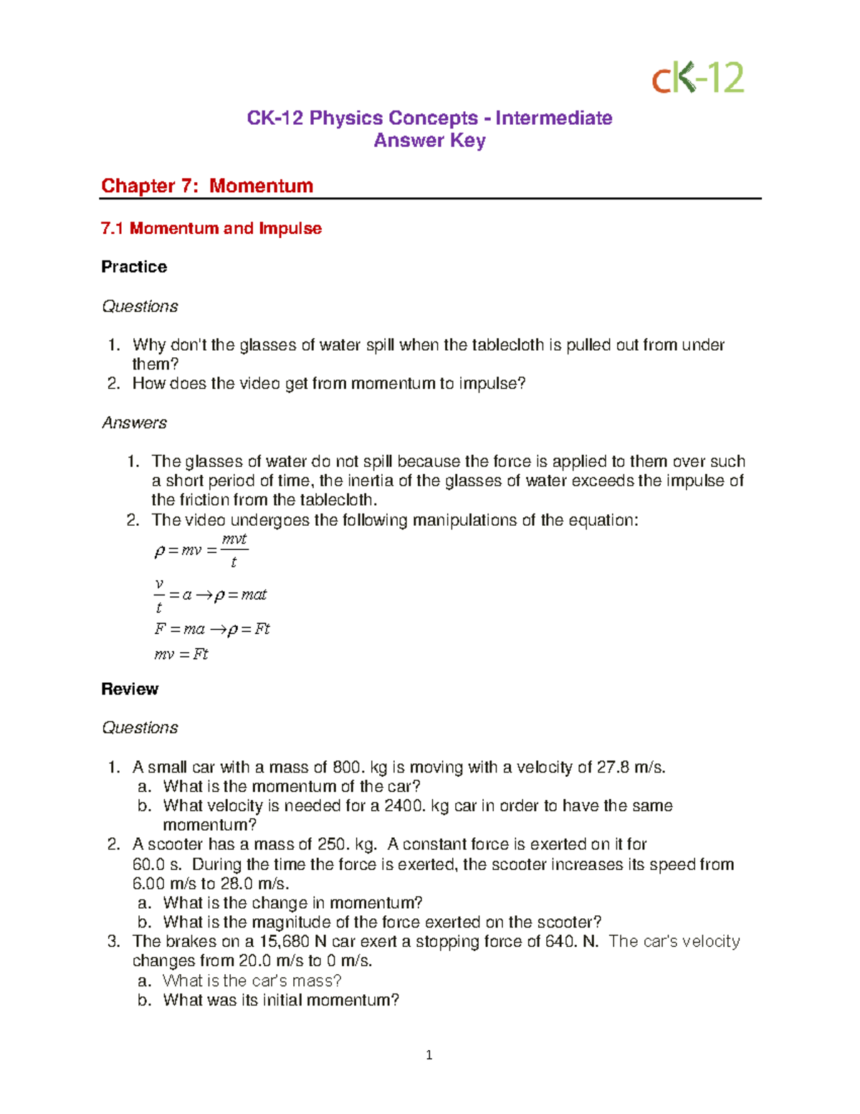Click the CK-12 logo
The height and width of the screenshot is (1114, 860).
(x=697, y=77)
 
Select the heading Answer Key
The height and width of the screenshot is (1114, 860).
(x=429, y=141)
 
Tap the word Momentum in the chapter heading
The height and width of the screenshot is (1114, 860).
(x=261, y=186)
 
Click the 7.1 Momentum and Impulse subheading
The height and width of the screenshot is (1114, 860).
(x=211, y=229)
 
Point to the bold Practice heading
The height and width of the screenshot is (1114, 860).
(x=134, y=267)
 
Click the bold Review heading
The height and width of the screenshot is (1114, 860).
(x=130, y=689)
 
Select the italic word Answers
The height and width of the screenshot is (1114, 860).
(x=134, y=423)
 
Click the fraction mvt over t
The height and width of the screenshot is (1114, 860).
(x=234, y=550)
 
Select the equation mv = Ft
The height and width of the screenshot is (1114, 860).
(x=181, y=654)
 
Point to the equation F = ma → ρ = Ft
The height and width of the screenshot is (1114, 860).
(x=212, y=629)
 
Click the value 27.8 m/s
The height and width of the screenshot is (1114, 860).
(x=631, y=768)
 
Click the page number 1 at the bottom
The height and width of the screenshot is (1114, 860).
(x=429, y=1054)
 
